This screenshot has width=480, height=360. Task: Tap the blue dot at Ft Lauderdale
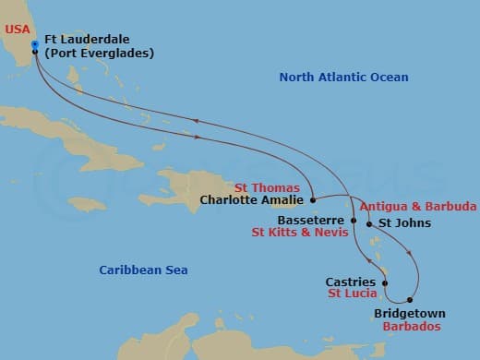(x=34, y=43)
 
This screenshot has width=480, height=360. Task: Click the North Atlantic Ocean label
(x=343, y=78)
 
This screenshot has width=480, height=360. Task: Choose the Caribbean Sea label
(x=143, y=270)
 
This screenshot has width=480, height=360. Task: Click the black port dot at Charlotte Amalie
(x=314, y=199)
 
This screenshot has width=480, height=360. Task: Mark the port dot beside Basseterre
(x=353, y=221)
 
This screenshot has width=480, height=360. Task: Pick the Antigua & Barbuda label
(x=418, y=206)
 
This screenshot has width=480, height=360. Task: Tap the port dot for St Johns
(x=369, y=223)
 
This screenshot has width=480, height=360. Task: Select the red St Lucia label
(x=353, y=294)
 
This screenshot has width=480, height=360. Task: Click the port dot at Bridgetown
(x=409, y=301)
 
